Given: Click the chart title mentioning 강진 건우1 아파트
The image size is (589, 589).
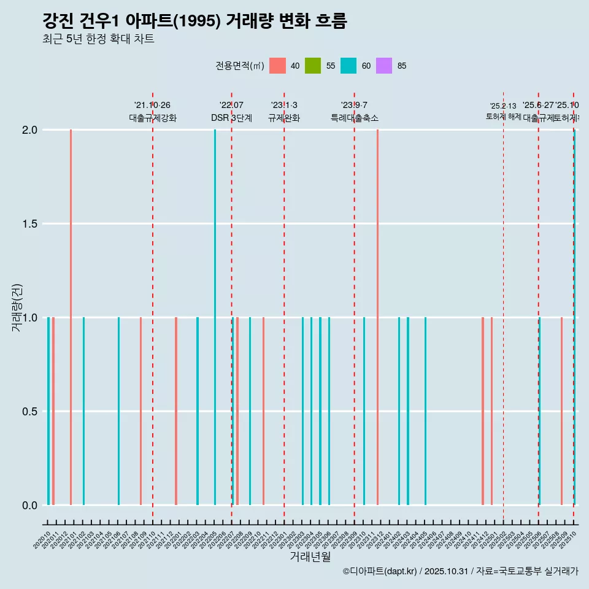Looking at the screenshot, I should click(194, 21).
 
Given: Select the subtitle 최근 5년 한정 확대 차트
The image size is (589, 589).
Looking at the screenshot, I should click(98, 39).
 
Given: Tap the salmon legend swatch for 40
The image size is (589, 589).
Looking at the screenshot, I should click(277, 66).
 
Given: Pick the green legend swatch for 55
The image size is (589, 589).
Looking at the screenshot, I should click(313, 66).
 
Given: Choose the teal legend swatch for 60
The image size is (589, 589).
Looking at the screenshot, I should click(348, 66).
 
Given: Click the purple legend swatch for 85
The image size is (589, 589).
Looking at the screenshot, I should click(384, 66).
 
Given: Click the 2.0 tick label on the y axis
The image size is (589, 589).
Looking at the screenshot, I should click(30, 130).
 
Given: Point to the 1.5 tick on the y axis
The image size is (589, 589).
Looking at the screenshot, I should click(30, 224).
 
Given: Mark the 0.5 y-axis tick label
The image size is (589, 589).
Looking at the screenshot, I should click(30, 412).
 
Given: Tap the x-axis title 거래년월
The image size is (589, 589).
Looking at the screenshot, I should click(310, 556).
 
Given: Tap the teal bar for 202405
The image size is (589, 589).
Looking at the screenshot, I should click(425, 411).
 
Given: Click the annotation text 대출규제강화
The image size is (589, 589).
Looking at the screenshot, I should click(153, 118).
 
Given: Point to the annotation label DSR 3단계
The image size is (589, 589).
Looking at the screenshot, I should click(231, 118).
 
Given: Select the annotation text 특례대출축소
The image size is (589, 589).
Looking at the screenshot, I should click(355, 118).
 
